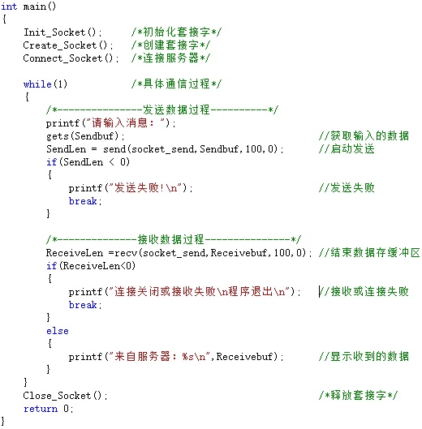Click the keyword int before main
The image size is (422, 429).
[x=9, y=6]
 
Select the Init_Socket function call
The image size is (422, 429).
[x=62, y=32]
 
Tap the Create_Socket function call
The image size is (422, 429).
[x=68, y=45]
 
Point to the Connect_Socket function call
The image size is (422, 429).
[x=71, y=58]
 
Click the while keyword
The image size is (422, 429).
[x=37, y=84]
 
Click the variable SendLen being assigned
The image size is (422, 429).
[x=66, y=149]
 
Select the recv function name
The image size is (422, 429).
[x=126, y=253]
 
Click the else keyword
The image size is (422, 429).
[x=58, y=331]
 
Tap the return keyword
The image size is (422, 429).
[x=41, y=409]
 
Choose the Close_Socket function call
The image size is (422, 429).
[x=65, y=396]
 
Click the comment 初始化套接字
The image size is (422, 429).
[x=176, y=32]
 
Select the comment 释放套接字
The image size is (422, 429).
[x=358, y=396]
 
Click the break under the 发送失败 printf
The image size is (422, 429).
[x=83, y=201]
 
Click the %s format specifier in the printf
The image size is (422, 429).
[x=187, y=357]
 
